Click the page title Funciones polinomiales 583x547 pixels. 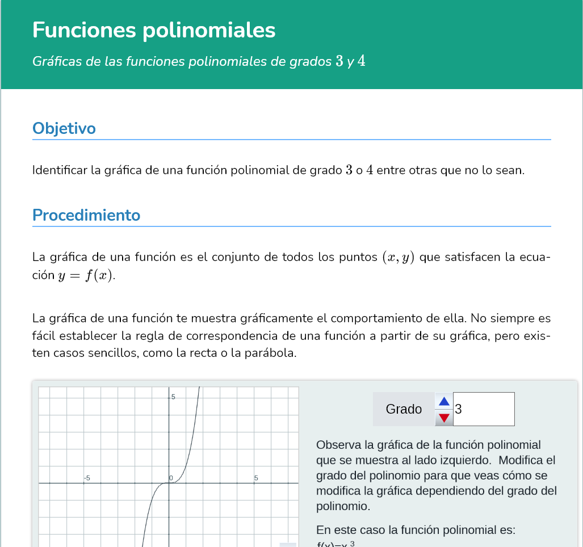tap(154, 30)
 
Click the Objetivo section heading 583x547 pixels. tap(64, 128)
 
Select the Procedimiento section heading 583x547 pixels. tap(86, 216)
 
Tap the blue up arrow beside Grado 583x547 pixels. tap(444, 401)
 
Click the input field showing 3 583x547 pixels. tap(484, 409)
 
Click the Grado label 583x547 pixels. tap(404, 409)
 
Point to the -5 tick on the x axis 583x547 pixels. tap(87, 478)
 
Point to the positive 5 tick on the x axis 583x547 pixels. tap(256, 478)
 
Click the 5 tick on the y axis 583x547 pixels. tap(174, 397)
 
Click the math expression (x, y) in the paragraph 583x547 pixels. tap(397, 257)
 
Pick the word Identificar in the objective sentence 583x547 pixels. tap(60, 170)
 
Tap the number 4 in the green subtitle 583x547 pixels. tap(362, 61)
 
